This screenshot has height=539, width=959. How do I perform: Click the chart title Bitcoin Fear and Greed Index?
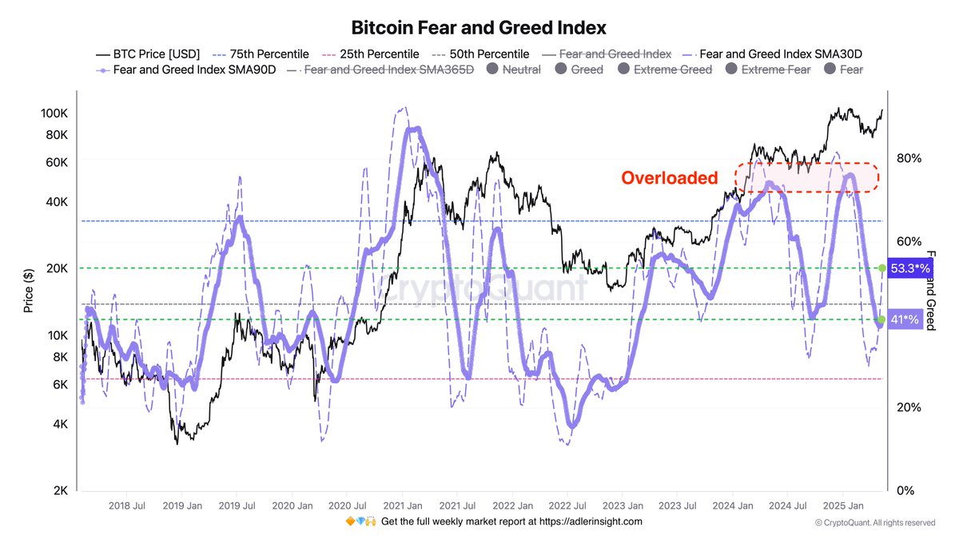tap(479, 28)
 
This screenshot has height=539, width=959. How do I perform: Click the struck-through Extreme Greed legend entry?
tap(672, 69)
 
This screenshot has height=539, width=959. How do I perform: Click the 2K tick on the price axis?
tap(58, 490)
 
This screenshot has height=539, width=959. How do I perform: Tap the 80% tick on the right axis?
tap(909, 158)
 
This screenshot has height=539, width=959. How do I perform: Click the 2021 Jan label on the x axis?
tap(403, 505)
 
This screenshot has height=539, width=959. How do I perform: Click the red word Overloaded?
tap(670, 178)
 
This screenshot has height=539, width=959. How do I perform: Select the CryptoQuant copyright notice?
tap(874, 523)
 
